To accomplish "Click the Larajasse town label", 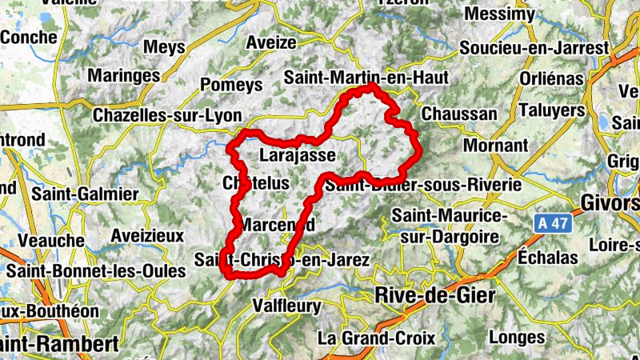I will (x=297, y=155).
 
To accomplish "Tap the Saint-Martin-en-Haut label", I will (x=366, y=78).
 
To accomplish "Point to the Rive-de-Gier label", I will (x=435, y=296).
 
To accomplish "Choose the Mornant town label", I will (x=495, y=146).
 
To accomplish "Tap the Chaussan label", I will (x=458, y=114).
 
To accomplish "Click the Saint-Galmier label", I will (x=85, y=194).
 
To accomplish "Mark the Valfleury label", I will (x=286, y=306).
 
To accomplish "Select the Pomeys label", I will (x=232, y=85).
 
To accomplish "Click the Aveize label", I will (x=272, y=42).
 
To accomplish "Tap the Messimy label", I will (x=499, y=15).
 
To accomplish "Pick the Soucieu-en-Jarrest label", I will (x=534, y=48).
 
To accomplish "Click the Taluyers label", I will (x=552, y=110).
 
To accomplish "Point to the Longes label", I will (x=516, y=337).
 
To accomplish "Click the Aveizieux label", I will (x=148, y=236).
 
